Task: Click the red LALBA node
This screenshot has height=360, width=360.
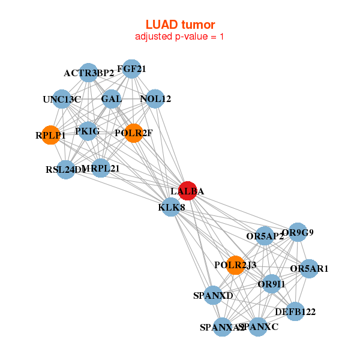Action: coord(188,190)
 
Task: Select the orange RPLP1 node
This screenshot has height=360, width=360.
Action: coord(51,135)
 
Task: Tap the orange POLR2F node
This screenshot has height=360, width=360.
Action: coord(134,133)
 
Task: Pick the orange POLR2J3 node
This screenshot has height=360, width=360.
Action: coord(236,265)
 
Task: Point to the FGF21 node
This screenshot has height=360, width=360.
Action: coord(131,70)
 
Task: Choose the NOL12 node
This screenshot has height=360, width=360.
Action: coord(155,99)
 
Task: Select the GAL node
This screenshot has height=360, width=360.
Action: coord(112,98)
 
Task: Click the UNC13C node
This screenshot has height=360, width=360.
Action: coord(62,99)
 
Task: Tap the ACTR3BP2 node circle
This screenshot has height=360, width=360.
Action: coord(89,73)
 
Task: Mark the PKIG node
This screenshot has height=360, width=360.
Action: coord(88,131)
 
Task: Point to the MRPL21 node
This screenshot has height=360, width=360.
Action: coord(101,168)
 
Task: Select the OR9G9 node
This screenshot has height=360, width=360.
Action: coord(298,232)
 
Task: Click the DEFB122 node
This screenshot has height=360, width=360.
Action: coord(295,311)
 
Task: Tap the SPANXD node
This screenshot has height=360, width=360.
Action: coord(213,295)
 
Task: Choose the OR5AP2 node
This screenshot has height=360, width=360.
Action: coord(265,236)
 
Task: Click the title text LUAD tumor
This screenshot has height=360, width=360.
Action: coord(180,25)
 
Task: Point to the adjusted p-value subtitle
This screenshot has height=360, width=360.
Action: coord(180,37)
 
